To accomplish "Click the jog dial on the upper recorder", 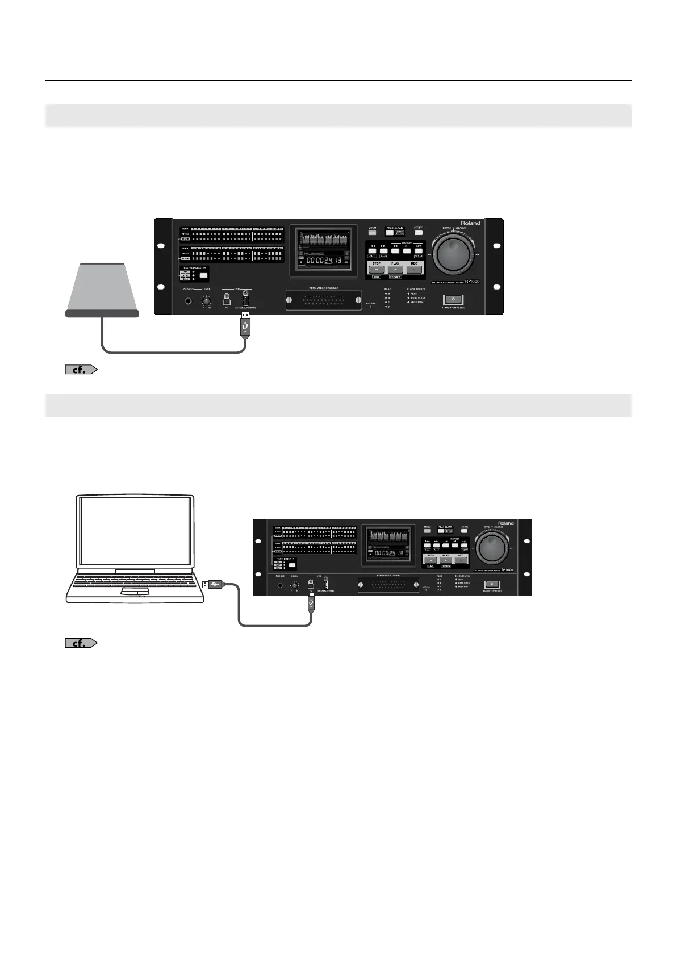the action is (x=455, y=255).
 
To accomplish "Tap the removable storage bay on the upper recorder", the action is (x=324, y=300).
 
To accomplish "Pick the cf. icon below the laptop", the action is (x=81, y=643).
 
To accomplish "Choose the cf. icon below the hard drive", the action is (x=81, y=370).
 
